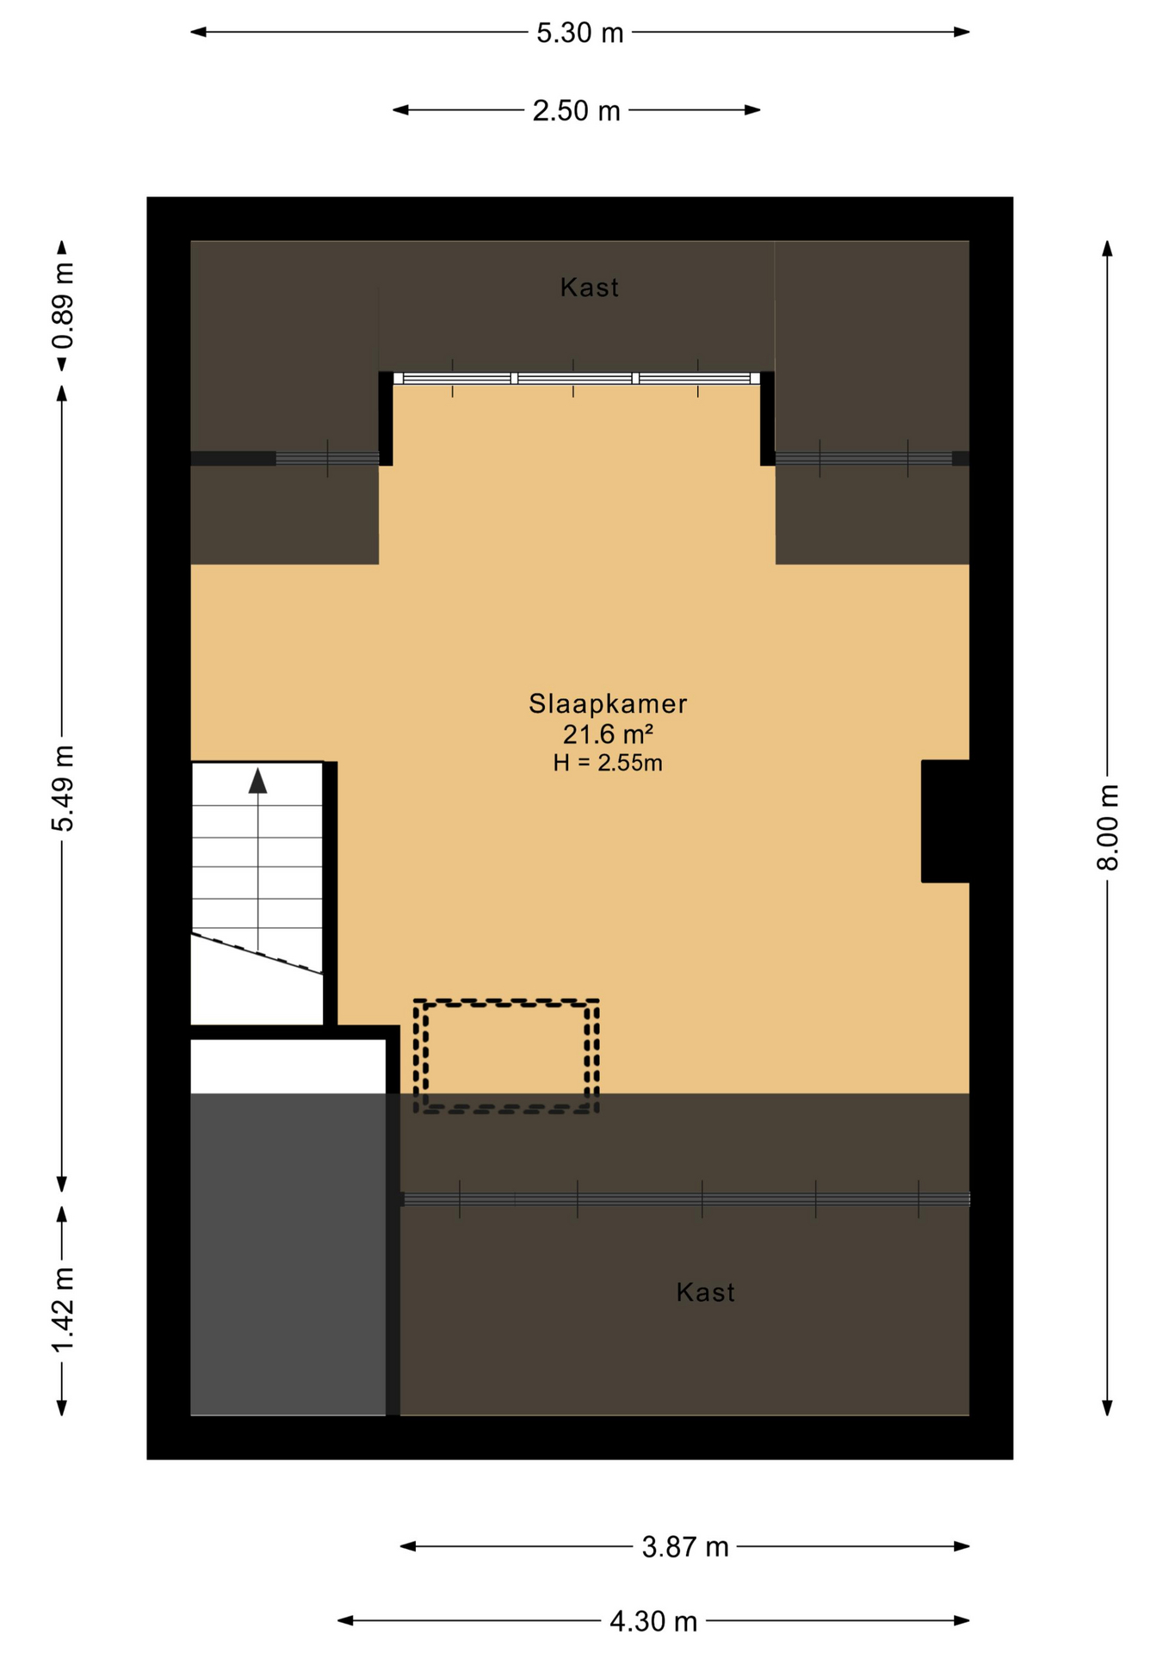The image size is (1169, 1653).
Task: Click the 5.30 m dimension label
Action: [x=579, y=33]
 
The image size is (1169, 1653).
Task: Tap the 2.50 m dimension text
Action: [x=576, y=111]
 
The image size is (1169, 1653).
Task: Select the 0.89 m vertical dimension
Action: [x=63, y=306]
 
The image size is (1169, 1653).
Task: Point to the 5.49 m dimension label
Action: [x=63, y=788]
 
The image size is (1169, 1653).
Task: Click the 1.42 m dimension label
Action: [x=63, y=1309]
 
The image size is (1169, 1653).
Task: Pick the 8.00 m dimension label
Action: [x=1108, y=827]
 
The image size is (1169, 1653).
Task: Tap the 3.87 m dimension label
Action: [x=685, y=1547]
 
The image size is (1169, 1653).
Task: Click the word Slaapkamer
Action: [x=608, y=704]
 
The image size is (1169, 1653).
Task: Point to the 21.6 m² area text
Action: [x=608, y=734]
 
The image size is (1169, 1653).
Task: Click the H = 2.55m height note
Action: [x=608, y=763]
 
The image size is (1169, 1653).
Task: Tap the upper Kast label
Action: [x=590, y=288]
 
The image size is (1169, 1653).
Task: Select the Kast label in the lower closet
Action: [x=706, y=1292]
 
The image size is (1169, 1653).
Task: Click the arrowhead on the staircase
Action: [x=257, y=781]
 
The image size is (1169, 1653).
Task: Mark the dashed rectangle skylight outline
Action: [x=506, y=1001]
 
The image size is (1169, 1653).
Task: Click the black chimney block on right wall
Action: [x=945, y=821]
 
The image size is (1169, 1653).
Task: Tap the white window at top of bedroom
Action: [x=577, y=378]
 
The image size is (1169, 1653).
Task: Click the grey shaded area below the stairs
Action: [x=288, y=1255]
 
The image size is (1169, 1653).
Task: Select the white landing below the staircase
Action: [x=288, y=1067]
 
